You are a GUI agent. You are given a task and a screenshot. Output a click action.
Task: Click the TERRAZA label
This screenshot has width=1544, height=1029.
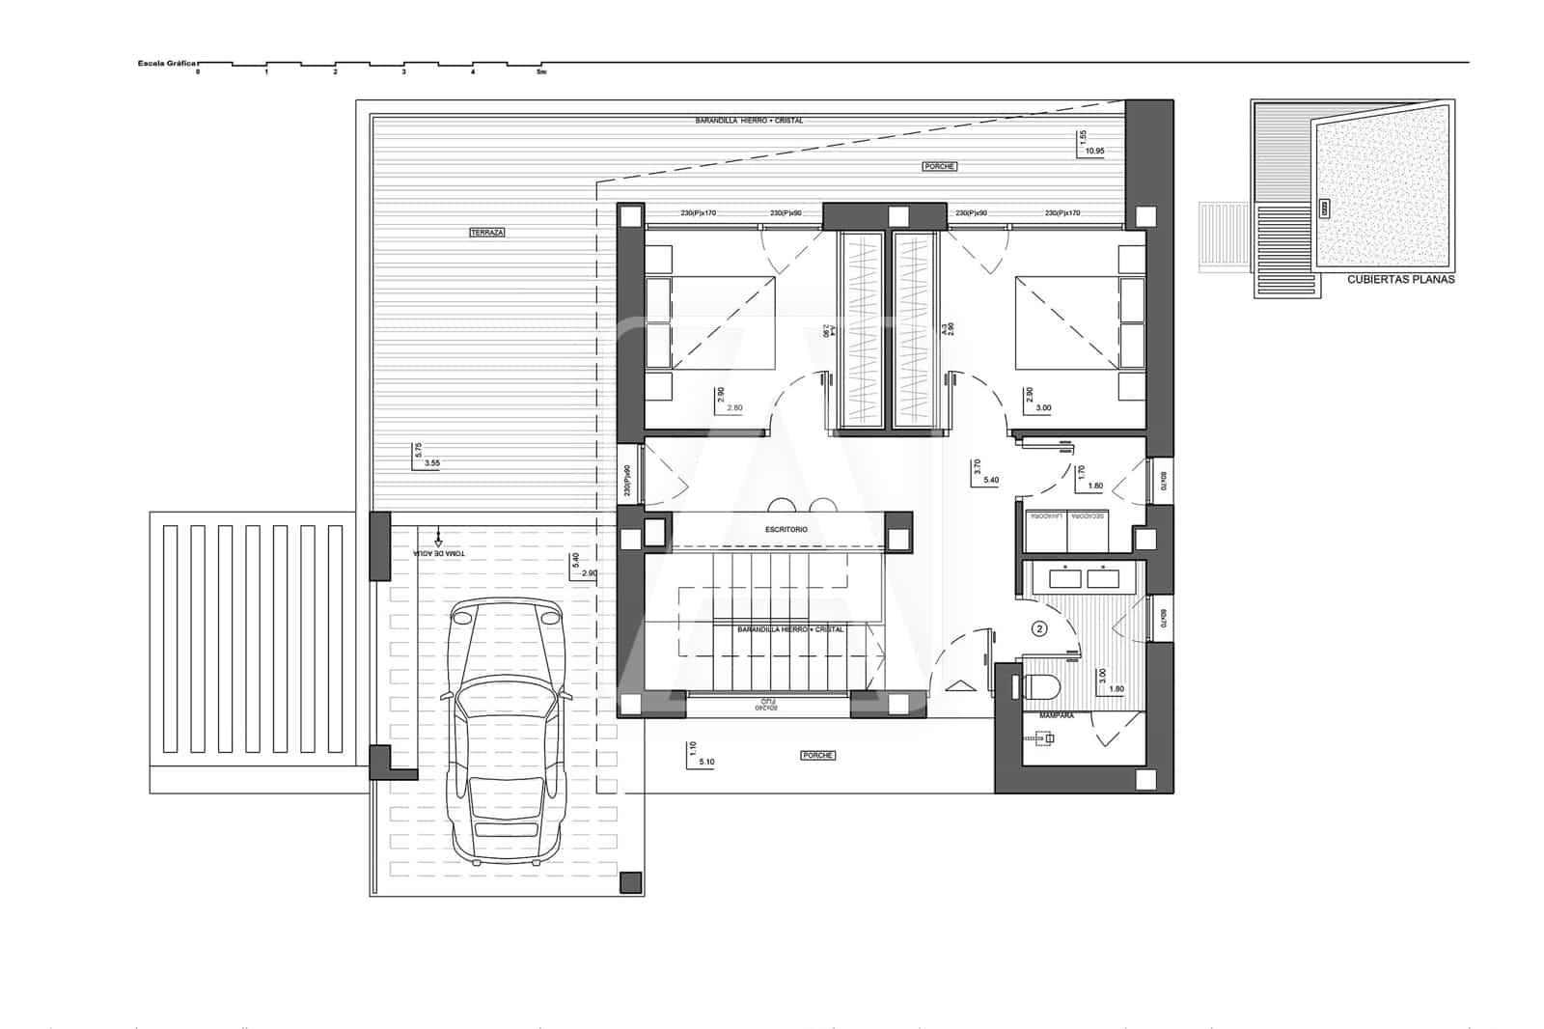(487, 233)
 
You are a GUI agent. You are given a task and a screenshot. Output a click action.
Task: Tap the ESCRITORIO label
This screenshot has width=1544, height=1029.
(786, 530)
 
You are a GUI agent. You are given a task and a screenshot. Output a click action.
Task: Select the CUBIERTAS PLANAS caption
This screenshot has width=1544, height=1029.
(1400, 280)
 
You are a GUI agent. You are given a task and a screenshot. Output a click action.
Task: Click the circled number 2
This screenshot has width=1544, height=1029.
(1039, 628)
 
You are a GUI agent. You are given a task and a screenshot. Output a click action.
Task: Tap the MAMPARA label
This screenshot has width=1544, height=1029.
(1058, 717)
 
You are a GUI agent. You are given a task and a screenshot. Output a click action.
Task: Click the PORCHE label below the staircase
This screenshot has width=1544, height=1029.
(817, 755)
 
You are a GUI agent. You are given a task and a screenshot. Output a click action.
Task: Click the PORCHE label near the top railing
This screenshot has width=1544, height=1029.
(939, 166)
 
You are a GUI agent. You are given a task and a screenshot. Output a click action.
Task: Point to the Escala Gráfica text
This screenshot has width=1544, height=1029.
(167, 64)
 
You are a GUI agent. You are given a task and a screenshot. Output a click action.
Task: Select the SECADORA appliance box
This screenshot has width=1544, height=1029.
(1089, 516)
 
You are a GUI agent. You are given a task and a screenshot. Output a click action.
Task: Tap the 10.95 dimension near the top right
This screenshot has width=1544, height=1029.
(1094, 152)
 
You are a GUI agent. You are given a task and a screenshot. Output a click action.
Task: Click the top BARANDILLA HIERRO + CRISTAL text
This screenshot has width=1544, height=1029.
(749, 121)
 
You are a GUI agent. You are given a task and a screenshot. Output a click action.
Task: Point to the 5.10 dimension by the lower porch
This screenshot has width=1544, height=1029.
(706, 762)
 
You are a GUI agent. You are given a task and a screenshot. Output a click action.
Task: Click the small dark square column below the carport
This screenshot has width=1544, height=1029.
(630, 881)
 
